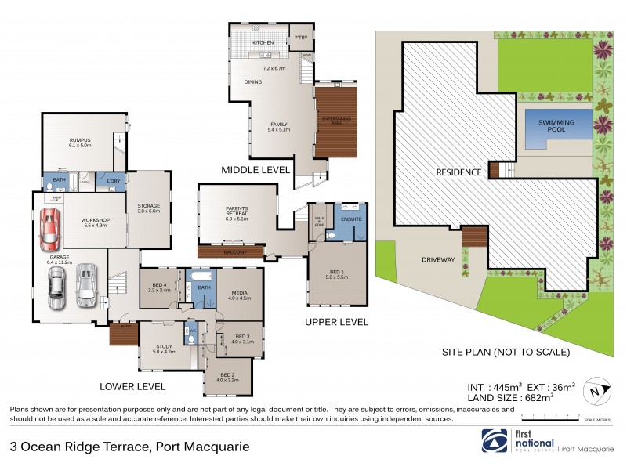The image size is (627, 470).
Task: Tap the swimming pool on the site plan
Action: point(555,127)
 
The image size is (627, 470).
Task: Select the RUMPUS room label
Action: point(81,141)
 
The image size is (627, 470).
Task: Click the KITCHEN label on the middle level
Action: point(262,42)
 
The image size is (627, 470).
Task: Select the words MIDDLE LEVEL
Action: point(256,169)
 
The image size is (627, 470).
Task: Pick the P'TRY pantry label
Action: point(299,38)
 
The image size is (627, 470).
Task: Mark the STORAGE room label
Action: point(148,208)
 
